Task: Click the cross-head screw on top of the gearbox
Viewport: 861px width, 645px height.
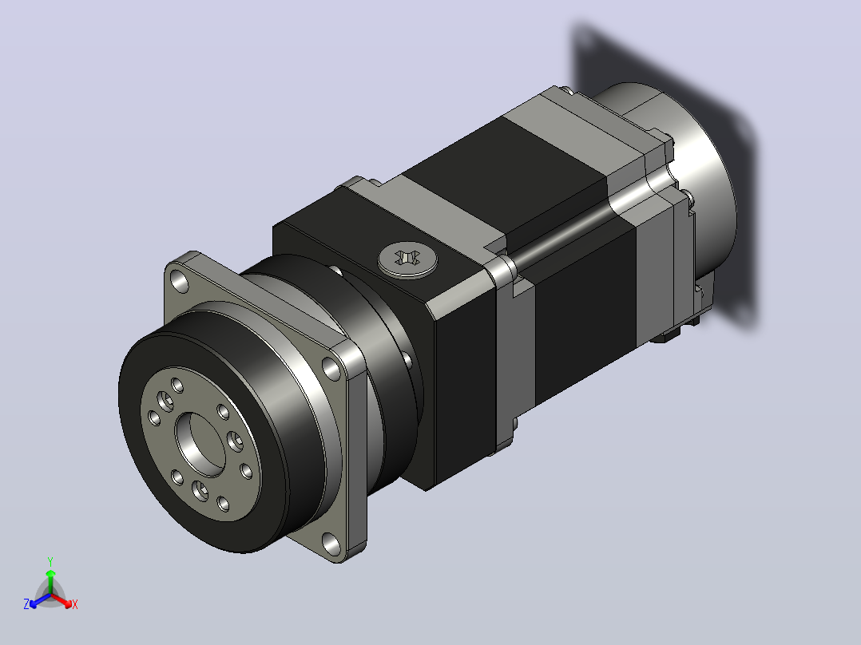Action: tap(407, 259)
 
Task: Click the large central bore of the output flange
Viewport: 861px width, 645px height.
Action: tap(201, 444)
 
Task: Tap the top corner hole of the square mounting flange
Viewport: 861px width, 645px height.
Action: tap(180, 282)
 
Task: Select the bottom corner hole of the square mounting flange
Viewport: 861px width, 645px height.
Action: tap(331, 543)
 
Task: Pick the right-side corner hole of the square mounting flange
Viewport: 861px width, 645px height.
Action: tap(331, 368)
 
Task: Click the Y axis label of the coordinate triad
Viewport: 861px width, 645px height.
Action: tap(50, 562)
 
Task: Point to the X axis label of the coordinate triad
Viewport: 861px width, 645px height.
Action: tap(75, 604)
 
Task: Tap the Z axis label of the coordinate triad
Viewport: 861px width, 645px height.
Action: tap(26, 604)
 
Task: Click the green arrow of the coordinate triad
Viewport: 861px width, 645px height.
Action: tap(50, 581)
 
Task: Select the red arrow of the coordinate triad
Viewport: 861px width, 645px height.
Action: tap(61, 600)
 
